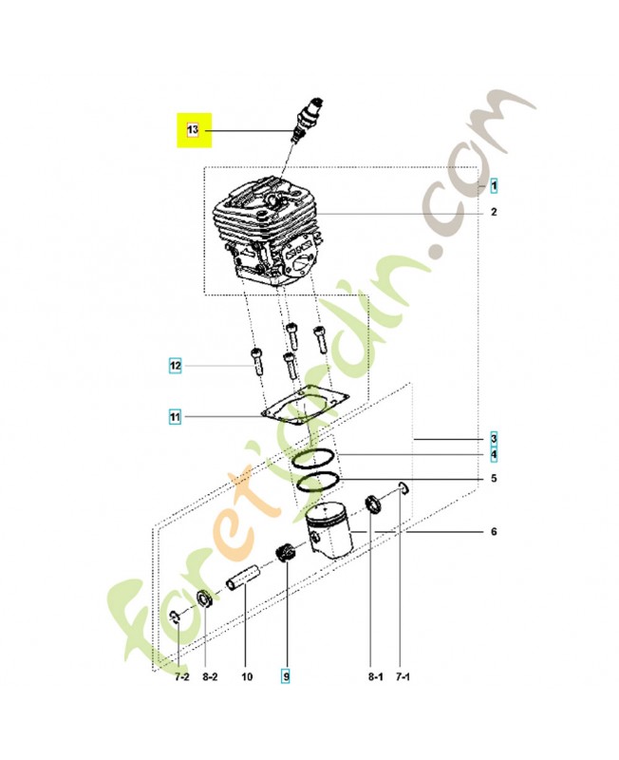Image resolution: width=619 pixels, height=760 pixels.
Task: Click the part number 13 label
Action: (x=193, y=130)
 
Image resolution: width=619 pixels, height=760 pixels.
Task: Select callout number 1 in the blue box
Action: (x=494, y=186)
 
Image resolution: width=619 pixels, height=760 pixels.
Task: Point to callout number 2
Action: (x=494, y=212)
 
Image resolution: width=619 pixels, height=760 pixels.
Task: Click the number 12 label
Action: (x=175, y=366)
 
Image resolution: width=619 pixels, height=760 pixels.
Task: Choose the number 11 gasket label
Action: (x=175, y=416)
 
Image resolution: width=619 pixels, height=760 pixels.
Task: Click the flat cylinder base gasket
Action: (x=306, y=407)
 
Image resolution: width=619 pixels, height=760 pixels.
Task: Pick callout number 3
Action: (x=494, y=439)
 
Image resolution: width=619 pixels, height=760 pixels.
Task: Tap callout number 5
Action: (x=494, y=479)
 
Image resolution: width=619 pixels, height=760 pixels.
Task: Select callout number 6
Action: (x=494, y=532)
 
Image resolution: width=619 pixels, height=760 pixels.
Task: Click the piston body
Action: (x=328, y=531)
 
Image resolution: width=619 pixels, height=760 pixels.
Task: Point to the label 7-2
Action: (x=181, y=676)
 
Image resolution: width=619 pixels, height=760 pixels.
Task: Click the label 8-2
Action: (x=210, y=676)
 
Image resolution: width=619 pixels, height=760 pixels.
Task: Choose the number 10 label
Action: (x=247, y=676)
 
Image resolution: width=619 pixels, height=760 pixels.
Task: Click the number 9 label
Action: (x=286, y=676)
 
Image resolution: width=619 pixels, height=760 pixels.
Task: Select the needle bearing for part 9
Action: (x=286, y=554)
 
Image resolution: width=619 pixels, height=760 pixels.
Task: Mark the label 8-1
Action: (x=375, y=676)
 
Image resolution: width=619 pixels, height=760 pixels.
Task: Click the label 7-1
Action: (x=403, y=676)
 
